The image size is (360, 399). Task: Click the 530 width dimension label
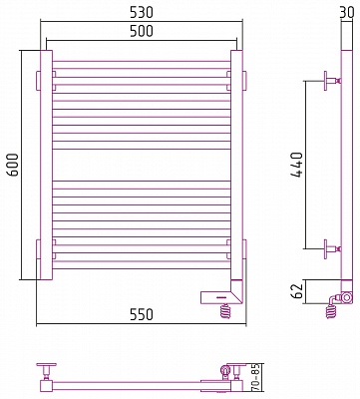pos(142,12)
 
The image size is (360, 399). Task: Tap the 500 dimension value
pos(142,31)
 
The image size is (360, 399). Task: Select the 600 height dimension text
pos(13,165)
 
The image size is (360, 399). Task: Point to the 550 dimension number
pos(142,314)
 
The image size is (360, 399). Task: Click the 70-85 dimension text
pos(255,378)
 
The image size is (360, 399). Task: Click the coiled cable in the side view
pos(330,310)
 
